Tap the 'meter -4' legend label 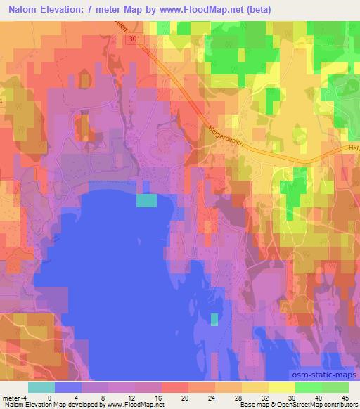click(x=12, y=397)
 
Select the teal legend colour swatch click(x=41, y=387)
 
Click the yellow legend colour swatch click(x=256, y=387)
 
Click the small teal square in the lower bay click(x=214, y=320)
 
